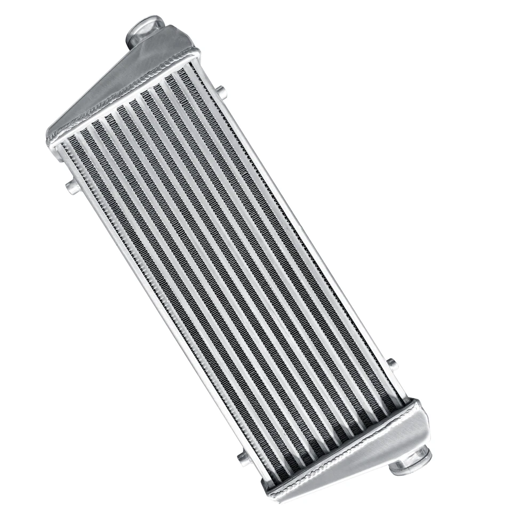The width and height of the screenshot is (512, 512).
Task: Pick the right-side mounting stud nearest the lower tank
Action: point(392,363)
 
